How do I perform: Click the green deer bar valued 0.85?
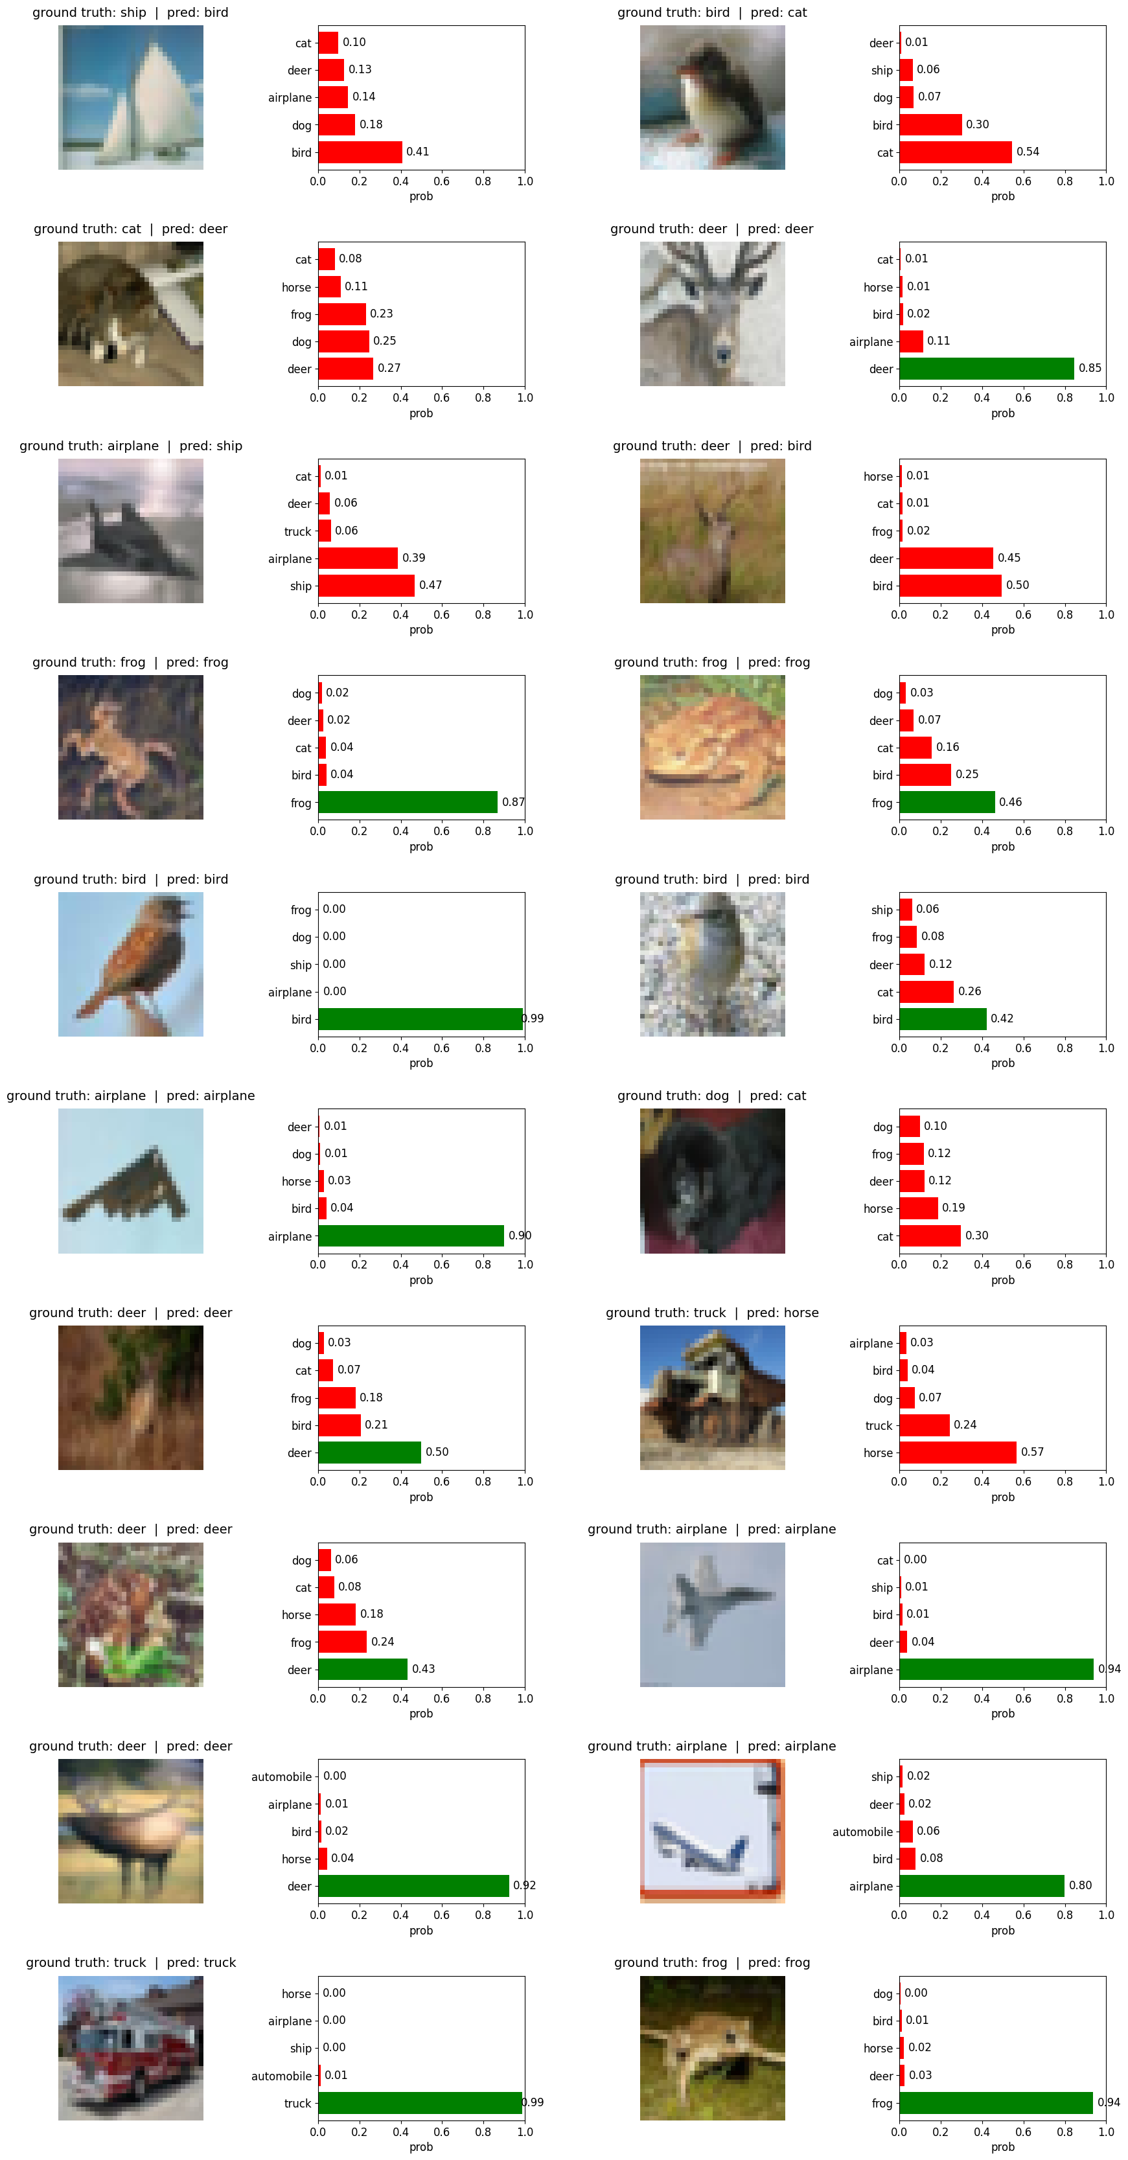986,369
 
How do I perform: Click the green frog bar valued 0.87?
408,803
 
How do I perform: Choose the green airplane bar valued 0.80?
981,1886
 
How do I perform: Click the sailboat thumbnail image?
131,97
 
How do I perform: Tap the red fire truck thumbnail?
131,2048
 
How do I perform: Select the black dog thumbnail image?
712,1180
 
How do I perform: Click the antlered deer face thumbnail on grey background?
712,314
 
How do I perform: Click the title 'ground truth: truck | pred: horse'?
712,1313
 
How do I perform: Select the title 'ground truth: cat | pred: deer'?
131,229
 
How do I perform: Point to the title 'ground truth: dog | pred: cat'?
712,1096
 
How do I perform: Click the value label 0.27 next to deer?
389,368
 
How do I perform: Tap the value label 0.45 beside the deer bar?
1009,558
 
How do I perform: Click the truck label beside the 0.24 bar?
879,1425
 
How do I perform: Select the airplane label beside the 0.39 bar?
290,559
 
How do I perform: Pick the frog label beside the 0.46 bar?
882,803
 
